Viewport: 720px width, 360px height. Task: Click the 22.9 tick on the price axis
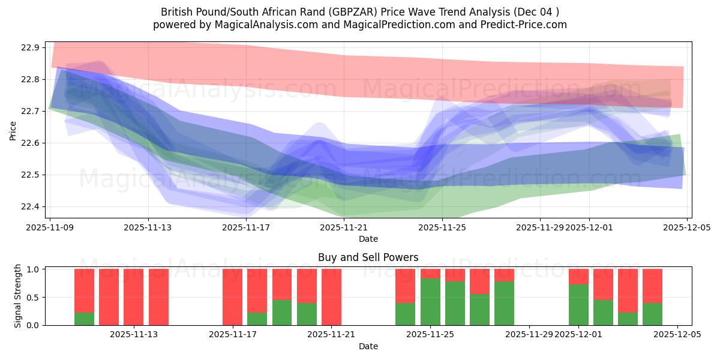[31, 48]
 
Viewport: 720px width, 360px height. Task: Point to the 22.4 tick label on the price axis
[31, 207]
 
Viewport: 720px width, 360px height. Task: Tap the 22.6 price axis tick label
[31, 143]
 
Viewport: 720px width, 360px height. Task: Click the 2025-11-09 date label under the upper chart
[50, 228]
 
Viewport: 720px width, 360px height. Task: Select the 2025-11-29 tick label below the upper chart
[539, 228]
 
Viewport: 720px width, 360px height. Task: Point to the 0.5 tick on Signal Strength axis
[34, 298]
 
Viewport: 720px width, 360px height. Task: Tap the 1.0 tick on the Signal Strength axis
[34, 269]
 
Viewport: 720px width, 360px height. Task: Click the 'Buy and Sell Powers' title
[368, 257]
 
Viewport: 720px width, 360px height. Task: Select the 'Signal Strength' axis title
[18, 296]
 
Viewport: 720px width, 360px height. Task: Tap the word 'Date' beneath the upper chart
[368, 239]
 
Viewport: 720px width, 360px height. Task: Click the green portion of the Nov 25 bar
[430, 302]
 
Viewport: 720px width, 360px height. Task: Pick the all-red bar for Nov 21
[331, 297]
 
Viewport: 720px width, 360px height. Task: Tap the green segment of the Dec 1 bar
[578, 305]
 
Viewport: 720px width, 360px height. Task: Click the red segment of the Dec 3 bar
[628, 290]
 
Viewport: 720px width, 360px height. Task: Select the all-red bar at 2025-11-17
[232, 297]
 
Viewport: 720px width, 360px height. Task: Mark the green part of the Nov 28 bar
[504, 303]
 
